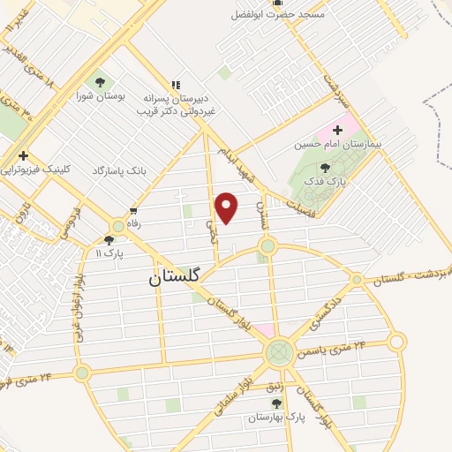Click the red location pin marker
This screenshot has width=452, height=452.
[x=227, y=207]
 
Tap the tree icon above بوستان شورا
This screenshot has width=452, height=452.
[x=99, y=80]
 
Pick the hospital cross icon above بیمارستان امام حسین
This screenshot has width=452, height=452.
[x=337, y=130]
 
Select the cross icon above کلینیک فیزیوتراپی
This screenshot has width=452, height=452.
[x=24, y=155]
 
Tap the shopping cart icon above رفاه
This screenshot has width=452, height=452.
[x=132, y=211]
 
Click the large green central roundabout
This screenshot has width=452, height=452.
[x=278, y=355]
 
